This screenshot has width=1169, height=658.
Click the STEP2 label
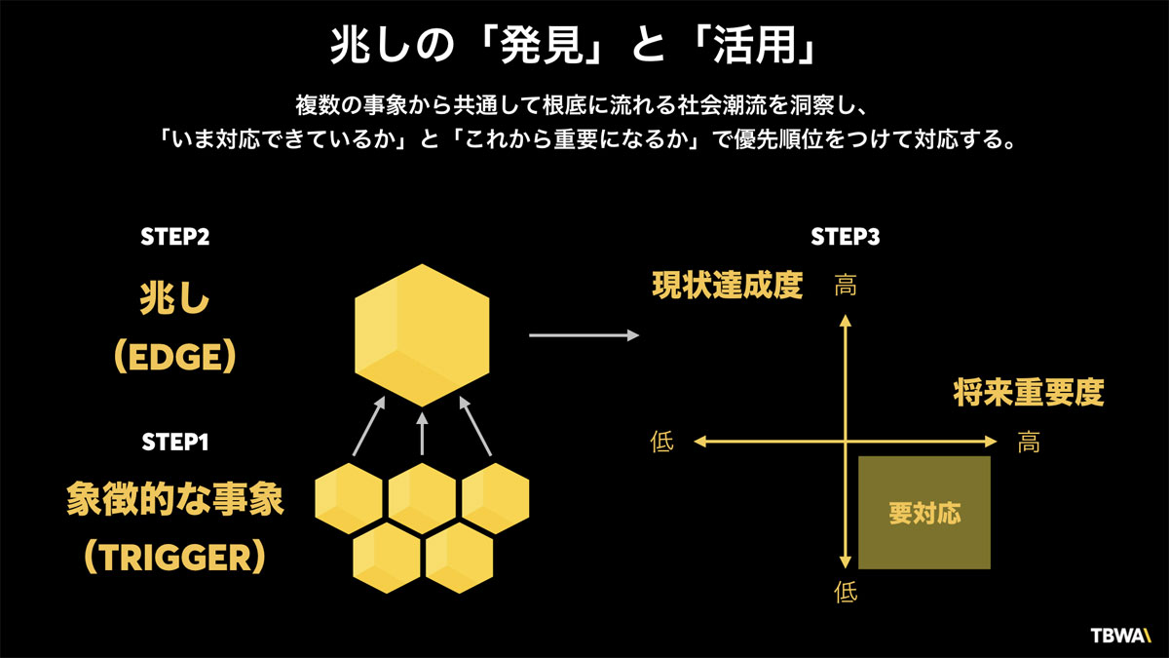(175, 236)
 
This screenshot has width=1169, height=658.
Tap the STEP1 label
(175, 442)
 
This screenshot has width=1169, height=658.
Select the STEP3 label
(846, 236)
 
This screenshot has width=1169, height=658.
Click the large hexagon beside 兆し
(422, 333)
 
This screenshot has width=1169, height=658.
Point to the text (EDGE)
(175, 357)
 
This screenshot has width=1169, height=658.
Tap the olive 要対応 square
(924, 512)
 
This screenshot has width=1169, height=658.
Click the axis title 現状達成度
(727, 286)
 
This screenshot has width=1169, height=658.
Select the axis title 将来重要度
(1028, 393)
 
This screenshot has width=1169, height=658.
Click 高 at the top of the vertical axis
(846, 286)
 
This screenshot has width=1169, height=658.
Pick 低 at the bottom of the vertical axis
(846, 592)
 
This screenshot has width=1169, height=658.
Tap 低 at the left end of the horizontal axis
(661, 442)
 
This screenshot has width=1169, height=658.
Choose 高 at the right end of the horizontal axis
(1029, 442)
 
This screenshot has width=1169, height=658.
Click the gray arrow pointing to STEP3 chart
(584, 336)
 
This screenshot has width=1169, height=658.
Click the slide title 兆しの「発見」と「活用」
(584, 45)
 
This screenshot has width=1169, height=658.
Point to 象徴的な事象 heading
(175, 500)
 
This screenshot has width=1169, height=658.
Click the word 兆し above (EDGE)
(175, 301)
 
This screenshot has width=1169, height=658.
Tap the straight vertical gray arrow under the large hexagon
(422, 433)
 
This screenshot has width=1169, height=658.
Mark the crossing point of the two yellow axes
(846, 442)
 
